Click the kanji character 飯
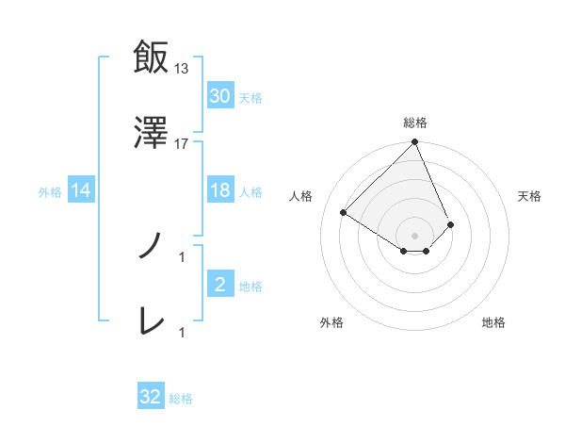click(151, 57)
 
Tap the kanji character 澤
click(151, 135)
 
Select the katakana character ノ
click(151, 247)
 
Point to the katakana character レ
click(151, 322)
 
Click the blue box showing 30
click(220, 96)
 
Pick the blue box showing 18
click(220, 191)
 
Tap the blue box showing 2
click(220, 285)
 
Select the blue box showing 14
click(81, 191)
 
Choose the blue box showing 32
click(151, 397)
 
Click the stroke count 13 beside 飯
click(182, 68)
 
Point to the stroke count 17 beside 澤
click(182, 144)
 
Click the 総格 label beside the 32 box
click(182, 399)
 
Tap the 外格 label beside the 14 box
click(50, 192)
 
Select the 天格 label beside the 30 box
click(250, 97)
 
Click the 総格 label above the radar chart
click(415, 123)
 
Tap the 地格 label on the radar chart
click(493, 322)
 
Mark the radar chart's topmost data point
click(415, 143)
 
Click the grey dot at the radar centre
click(415, 235)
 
